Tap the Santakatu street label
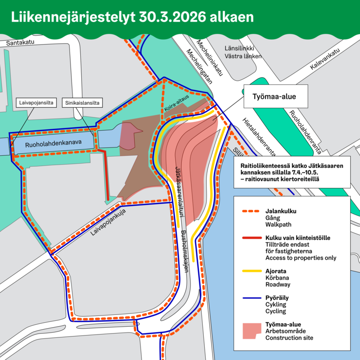(x=21, y=44)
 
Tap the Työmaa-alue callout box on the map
(x=276, y=97)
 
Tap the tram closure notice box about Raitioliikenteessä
(x=291, y=172)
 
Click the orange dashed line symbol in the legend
(x=252, y=212)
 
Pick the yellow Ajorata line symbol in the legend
(x=252, y=270)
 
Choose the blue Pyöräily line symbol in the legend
(x=252, y=297)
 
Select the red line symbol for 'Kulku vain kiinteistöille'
(x=252, y=238)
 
